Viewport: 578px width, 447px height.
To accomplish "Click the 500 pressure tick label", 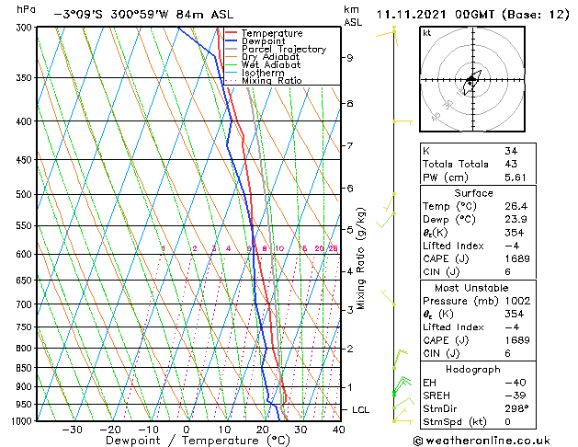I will (x=17, y=195).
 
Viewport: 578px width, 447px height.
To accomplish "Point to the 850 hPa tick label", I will (x=17, y=368).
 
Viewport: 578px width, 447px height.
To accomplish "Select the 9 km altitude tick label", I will (x=350, y=58).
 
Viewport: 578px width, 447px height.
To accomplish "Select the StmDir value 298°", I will (x=517, y=408).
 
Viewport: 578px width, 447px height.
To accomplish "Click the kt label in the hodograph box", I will (x=427, y=33).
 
